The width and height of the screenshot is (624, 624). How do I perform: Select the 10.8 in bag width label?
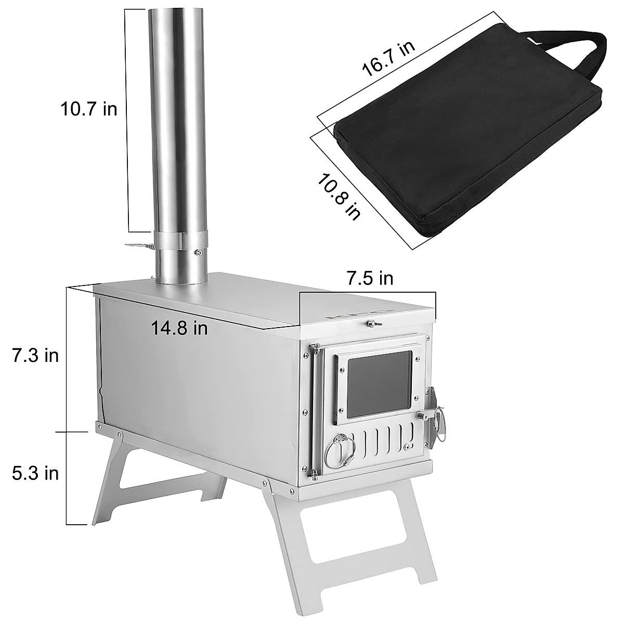coord(339,196)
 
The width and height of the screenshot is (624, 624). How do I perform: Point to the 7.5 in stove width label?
coord(370,279)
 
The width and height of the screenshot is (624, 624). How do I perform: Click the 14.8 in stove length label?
coord(179,329)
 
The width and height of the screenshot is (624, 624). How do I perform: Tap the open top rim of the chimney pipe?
coord(177,10)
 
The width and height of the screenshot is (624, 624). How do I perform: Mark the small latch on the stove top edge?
coord(372,324)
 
